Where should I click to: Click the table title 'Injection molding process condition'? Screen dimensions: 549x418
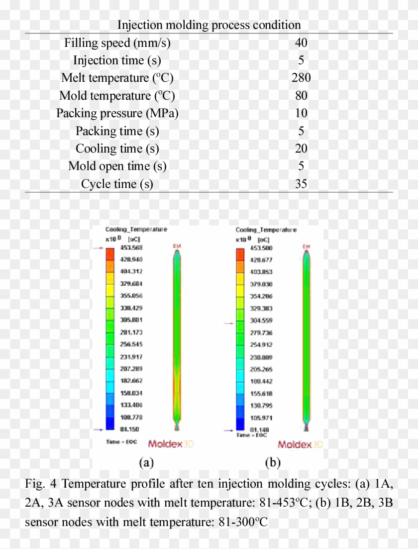coord(209,24)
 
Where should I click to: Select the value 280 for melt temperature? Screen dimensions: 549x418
coord(301,78)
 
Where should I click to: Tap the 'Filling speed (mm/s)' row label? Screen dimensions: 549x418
coord(117,43)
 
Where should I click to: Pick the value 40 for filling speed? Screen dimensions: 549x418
coord(301,43)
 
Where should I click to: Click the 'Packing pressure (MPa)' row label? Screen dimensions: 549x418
coord(117,113)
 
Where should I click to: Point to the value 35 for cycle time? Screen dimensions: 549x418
coord(301,184)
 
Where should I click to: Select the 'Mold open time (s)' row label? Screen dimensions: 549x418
coord(117,166)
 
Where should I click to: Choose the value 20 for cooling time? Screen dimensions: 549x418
coord(301,149)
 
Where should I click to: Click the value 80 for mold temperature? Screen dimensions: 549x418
coord(301,96)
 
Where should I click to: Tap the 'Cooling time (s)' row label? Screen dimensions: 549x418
coord(117,149)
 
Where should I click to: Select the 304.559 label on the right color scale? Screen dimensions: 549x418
coord(261,321)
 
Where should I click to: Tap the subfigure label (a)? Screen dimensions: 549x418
coord(145,463)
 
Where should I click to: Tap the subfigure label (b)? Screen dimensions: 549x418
coord(273,463)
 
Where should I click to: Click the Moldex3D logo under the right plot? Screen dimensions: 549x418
coord(298,444)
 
